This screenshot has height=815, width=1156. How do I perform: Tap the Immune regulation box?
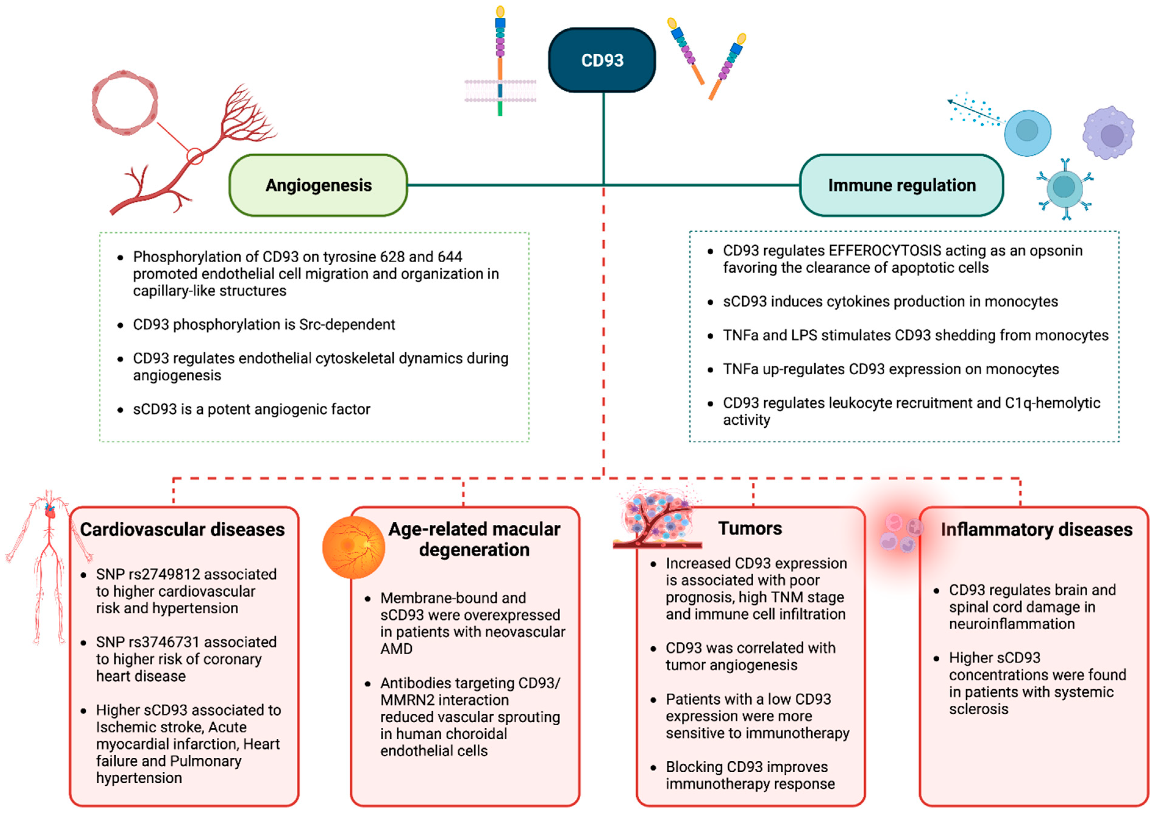click(x=901, y=185)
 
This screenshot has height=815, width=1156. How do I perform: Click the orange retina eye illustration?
click(x=354, y=548)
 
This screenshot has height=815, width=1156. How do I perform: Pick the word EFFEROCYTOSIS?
click(x=885, y=251)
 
